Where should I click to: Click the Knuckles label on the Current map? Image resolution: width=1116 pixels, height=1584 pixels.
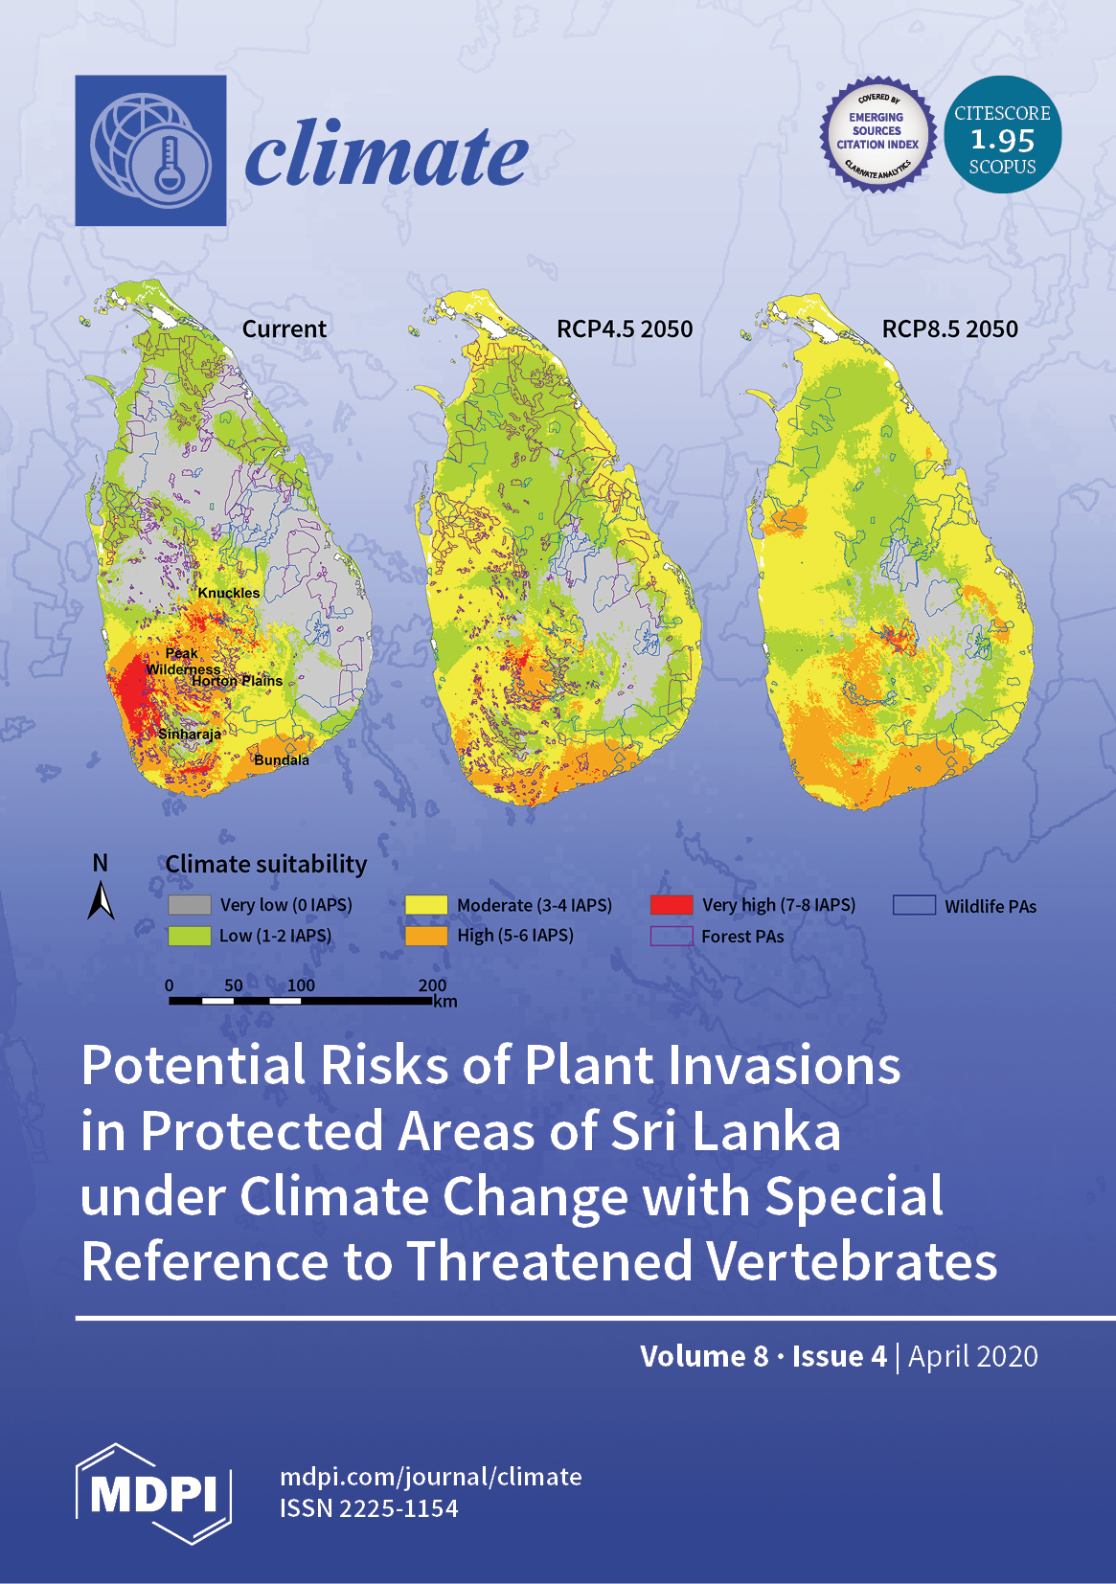click(x=228, y=593)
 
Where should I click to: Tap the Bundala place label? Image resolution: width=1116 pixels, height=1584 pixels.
click(x=282, y=760)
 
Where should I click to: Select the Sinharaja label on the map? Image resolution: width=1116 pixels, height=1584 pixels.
click(x=190, y=734)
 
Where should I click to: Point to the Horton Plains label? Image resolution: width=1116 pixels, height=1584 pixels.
click(x=238, y=681)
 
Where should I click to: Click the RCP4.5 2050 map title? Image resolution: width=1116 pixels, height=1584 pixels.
click(x=625, y=328)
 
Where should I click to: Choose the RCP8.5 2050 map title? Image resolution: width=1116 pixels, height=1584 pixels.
click(x=950, y=328)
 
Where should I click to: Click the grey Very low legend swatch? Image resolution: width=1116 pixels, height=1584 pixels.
click(x=190, y=905)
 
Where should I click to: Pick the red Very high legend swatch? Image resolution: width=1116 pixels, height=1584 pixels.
click(x=672, y=905)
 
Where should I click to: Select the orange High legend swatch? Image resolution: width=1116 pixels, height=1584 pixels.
click(x=426, y=936)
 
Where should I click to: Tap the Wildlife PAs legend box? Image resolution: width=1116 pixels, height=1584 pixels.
click(x=914, y=905)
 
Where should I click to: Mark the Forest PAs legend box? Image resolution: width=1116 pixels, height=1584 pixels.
click(x=672, y=936)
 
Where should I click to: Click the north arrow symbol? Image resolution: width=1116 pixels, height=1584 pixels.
click(x=101, y=900)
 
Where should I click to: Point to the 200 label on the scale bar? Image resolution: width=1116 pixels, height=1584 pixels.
click(x=432, y=985)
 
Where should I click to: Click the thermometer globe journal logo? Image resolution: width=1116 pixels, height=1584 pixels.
click(x=150, y=150)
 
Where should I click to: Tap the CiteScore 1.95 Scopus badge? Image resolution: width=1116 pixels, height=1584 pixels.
click(x=1003, y=134)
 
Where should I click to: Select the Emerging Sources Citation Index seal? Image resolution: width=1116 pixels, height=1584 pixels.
click(x=877, y=134)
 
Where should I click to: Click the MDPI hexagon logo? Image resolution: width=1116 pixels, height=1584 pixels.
click(x=153, y=1493)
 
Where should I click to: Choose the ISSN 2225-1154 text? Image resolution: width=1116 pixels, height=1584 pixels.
click(x=369, y=1508)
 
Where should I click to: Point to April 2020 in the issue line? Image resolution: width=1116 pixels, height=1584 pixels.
click(x=973, y=1356)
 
